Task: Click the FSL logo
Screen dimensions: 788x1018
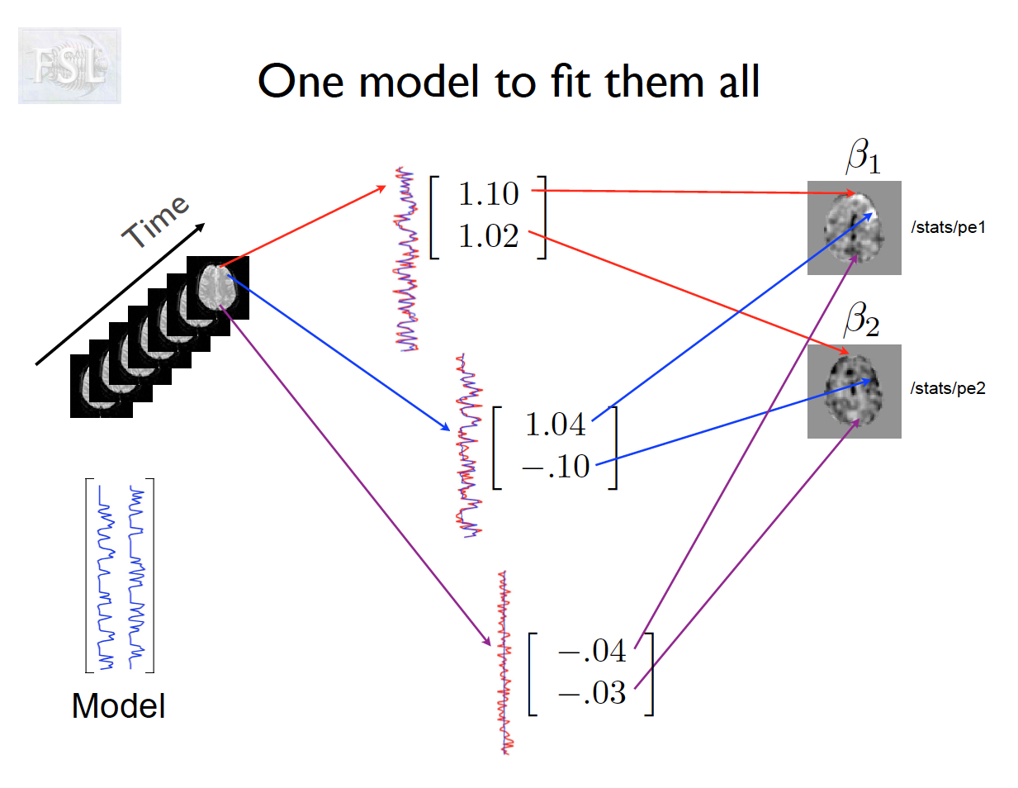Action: (x=69, y=65)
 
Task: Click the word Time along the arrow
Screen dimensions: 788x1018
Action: (x=155, y=221)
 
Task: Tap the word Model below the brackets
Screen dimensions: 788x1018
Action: (x=118, y=706)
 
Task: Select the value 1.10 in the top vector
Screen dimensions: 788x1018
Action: (x=488, y=194)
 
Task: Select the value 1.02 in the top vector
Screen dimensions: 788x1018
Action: (x=488, y=236)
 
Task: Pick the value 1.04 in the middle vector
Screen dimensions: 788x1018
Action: (x=555, y=425)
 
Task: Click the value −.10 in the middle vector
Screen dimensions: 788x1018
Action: (x=556, y=467)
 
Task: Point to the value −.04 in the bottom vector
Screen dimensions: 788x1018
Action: (x=592, y=651)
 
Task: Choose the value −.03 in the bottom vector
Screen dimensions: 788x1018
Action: (x=592, y=692)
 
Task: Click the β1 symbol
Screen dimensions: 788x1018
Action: (x=863, y=155)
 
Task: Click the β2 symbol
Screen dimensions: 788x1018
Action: (x=861, y=319)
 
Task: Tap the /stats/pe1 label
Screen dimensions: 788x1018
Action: (x=948, y=227)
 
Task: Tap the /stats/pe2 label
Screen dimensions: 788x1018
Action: (x=948, y=388)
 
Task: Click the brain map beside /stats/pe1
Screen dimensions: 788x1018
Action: (x=854, y=228)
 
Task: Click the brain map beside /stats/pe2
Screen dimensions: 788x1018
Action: (x=854, y=391)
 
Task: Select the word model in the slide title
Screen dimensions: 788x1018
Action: (x=419, y=82)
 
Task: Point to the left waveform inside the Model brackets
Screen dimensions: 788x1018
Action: (x=106, y=576)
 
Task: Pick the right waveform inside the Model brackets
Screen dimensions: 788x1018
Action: (x=136, y=576)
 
